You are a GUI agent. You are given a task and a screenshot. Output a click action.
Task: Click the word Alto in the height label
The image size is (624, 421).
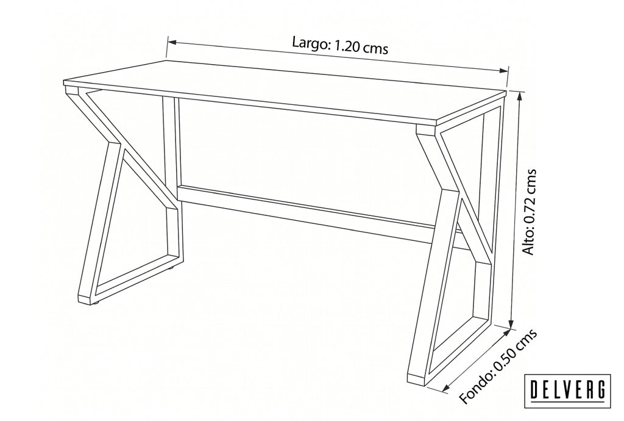pyautogui.click(x=530, y=242)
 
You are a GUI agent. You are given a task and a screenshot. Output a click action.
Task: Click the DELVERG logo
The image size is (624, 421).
pyautogui.click(x=567, y=390)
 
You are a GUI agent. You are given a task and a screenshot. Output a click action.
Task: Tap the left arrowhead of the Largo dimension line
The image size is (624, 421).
pyautogui.click(x=171, y=41)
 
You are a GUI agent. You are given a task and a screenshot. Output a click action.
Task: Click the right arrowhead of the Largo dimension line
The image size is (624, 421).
pyautogui.click(x=504, y=71)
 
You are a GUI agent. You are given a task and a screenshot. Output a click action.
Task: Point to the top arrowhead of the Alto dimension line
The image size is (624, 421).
pyautogui.click(x=519, y=96)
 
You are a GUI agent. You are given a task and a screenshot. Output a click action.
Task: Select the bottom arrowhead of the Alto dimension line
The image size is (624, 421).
pyautogui.click(x=512, y=322)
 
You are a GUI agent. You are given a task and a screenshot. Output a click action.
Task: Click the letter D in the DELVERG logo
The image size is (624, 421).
pyautogui.click(x=535, y=390)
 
